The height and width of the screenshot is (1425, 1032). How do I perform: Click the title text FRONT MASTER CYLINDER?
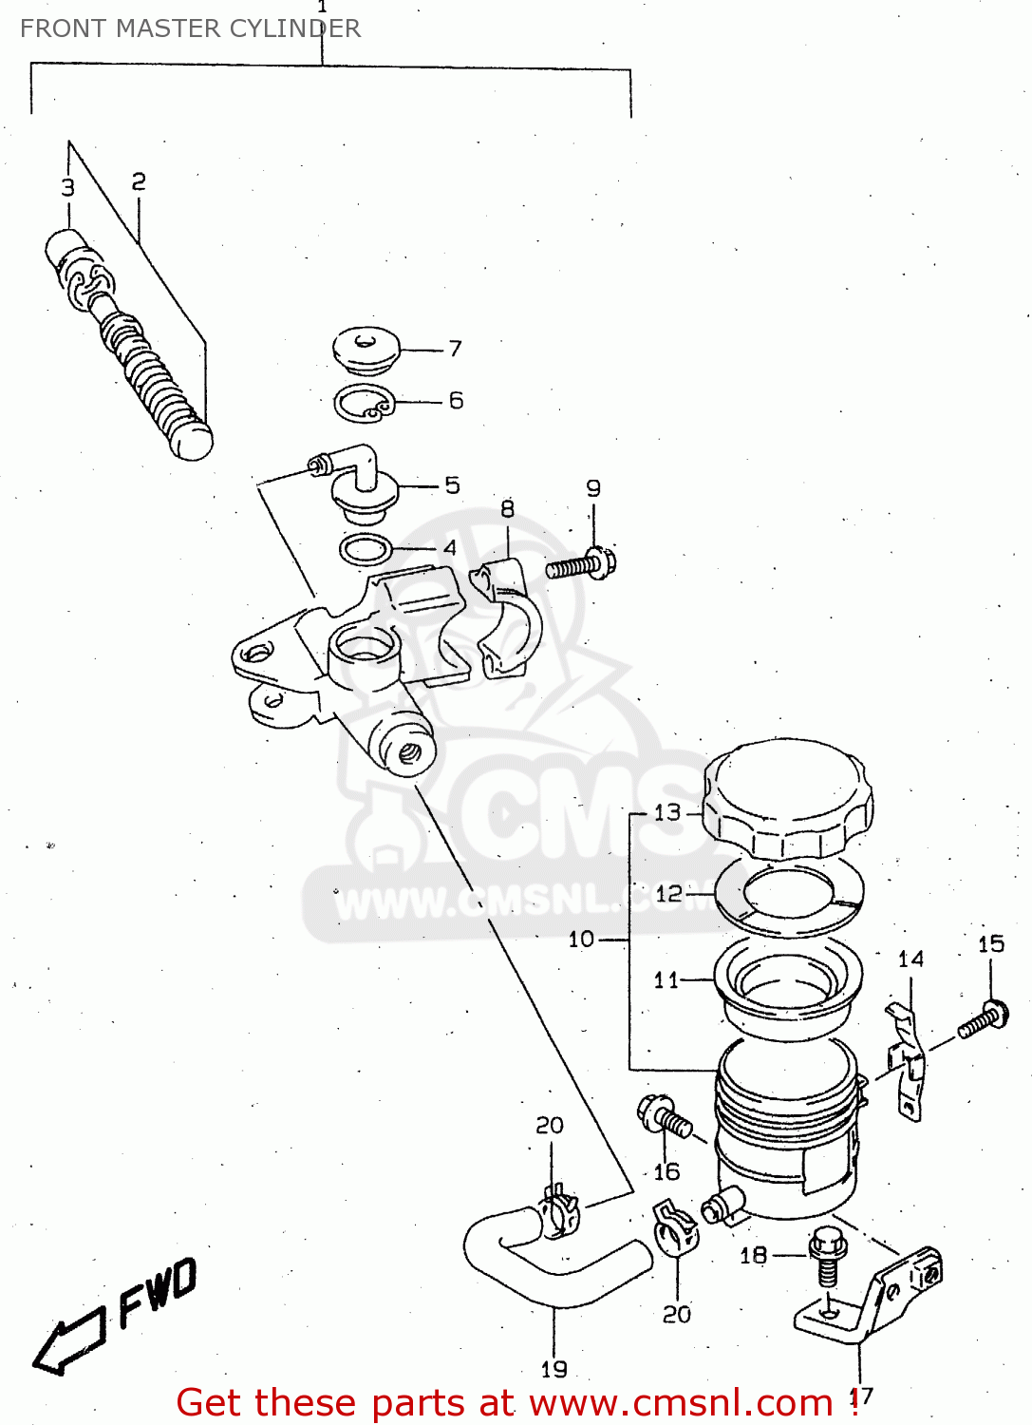[190, 28]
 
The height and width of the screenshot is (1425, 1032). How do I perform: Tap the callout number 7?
[456, 349]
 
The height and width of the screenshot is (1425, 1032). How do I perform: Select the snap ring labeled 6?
[363, 404]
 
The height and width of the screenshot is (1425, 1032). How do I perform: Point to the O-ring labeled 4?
[365, 548]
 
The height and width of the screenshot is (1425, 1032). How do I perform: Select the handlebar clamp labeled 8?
[507, 617]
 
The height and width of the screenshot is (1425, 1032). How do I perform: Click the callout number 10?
[580, 940]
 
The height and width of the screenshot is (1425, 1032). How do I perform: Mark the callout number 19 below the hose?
[554, 1369]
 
